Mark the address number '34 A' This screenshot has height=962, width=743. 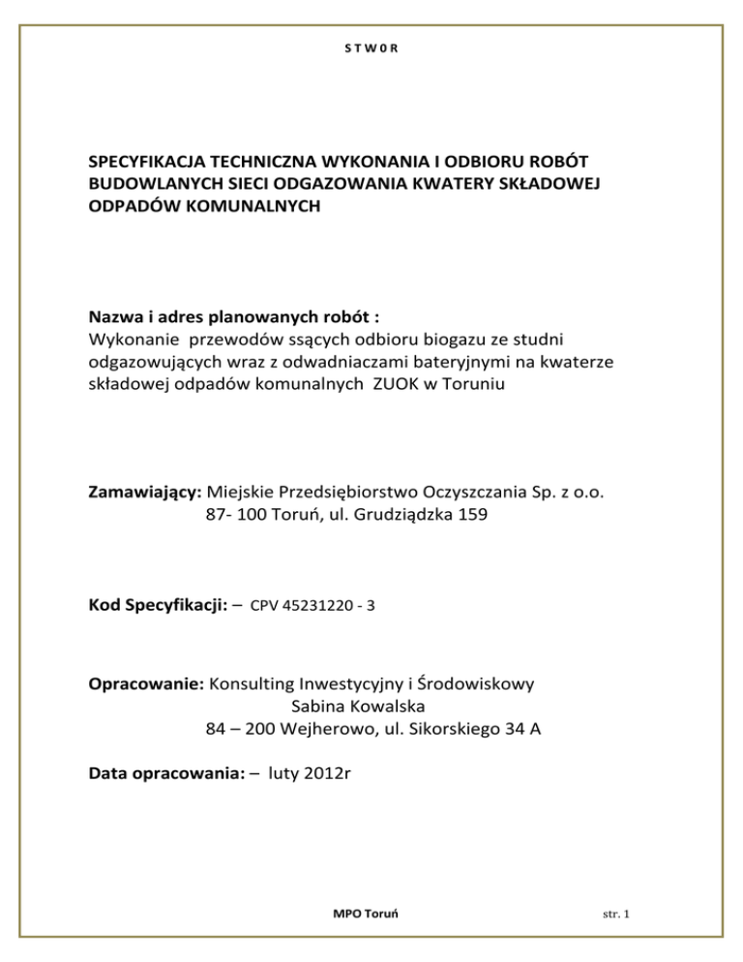tap(520, 730)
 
